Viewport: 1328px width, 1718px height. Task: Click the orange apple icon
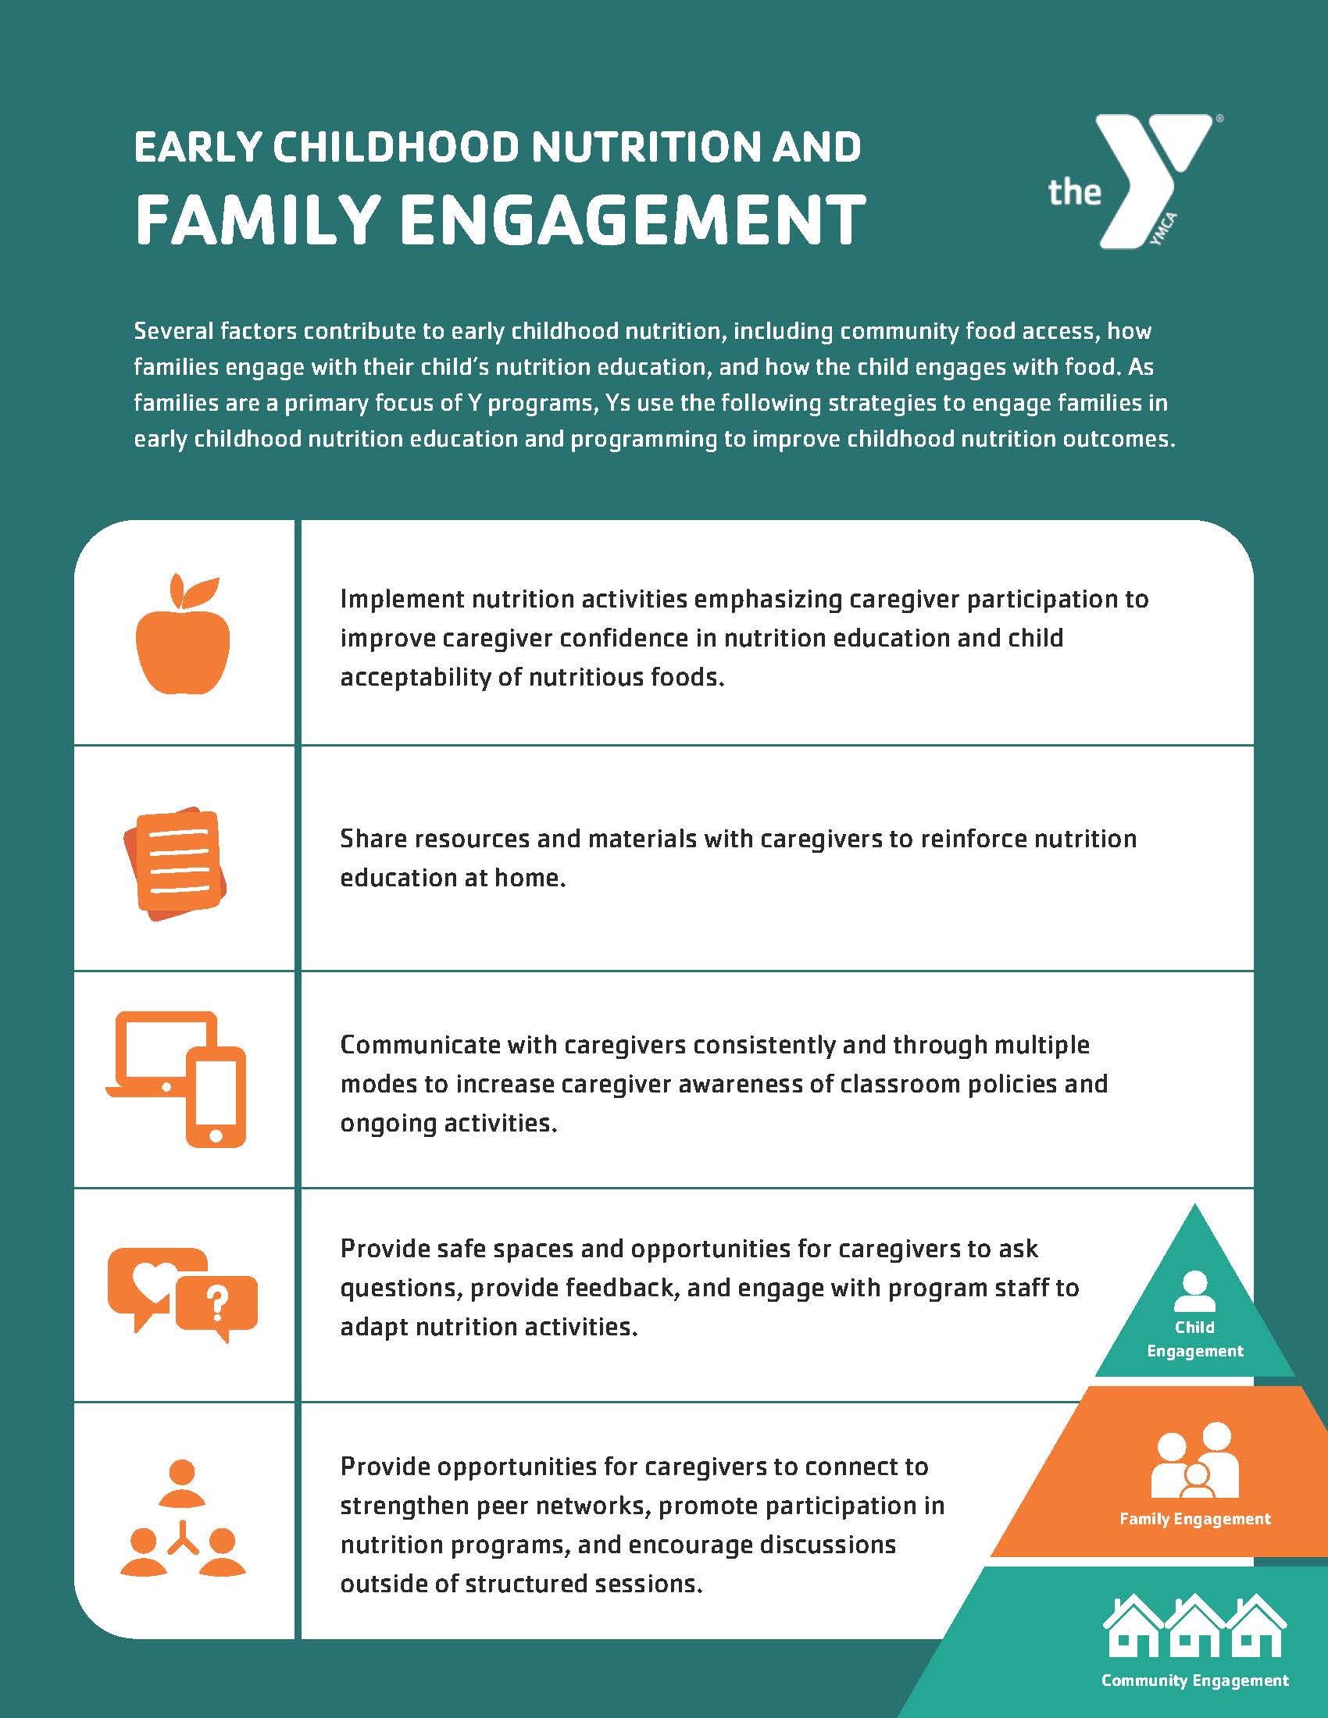183,634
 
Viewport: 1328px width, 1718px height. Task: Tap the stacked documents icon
174,864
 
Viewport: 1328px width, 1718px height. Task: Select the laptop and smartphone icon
177,1079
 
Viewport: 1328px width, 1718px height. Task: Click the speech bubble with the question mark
216,1308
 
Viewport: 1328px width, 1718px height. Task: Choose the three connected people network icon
183,1517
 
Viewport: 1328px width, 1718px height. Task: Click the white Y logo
1135,181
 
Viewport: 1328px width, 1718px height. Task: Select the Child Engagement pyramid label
1195,1339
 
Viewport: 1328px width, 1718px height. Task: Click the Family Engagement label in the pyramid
1195,1519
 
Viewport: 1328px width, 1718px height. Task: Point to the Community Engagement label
1195,1681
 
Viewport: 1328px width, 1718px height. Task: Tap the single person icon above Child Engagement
1194,1291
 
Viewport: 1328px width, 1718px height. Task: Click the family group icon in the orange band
1195,1460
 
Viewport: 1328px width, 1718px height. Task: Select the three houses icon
1195,1627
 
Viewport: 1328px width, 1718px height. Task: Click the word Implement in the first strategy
402,600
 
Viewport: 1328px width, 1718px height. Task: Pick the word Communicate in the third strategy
419,1045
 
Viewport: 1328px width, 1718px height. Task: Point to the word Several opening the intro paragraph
173,330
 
